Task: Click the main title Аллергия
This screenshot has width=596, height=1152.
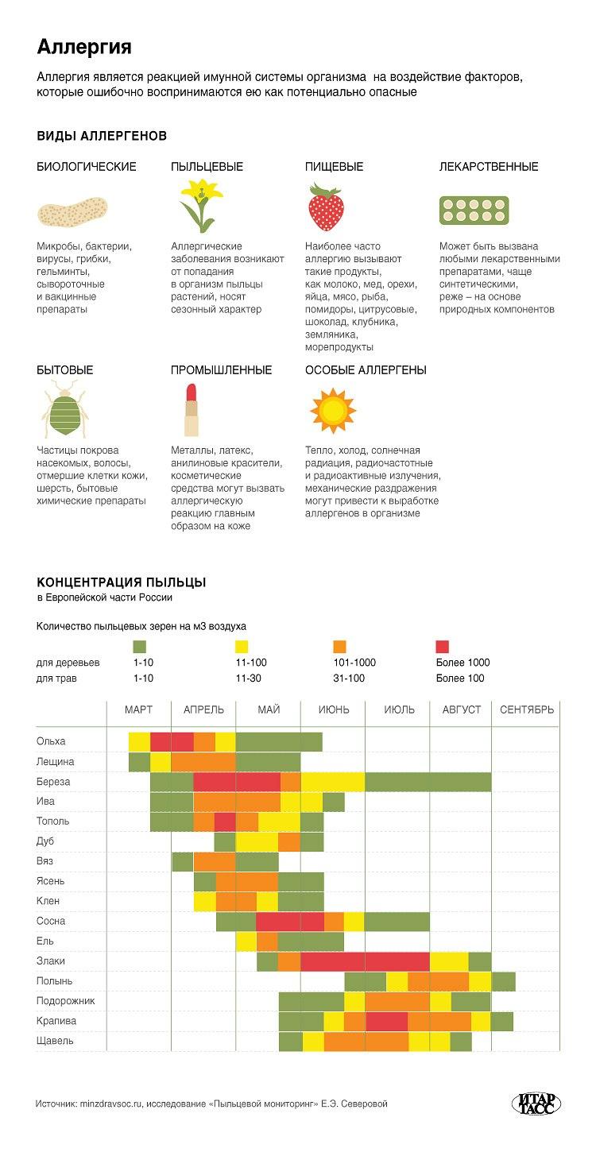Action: tap(84, 48)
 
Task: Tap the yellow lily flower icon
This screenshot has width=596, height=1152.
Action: tap(201, 206)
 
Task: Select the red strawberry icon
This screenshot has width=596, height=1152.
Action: tap(326, 207)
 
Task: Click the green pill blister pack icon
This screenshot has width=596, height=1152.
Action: tap(474, 211)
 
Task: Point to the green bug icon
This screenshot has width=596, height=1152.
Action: tap(65, 409)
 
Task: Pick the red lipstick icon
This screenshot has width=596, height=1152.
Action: tap(192, 410)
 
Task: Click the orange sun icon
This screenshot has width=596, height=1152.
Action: tap(333, 411)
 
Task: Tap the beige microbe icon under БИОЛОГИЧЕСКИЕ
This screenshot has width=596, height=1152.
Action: tap(72, 211)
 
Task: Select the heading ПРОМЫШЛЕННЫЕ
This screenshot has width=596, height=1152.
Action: tap(221, 370)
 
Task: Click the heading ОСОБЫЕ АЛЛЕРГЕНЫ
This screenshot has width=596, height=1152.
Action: tap(366, 370)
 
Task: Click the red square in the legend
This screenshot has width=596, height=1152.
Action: tap(443, 647)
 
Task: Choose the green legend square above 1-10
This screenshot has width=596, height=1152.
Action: tap(139, 647)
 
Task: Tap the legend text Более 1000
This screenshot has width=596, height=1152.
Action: tap(462, 663)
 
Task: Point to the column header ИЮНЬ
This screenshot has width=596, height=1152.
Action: tap(334, 709)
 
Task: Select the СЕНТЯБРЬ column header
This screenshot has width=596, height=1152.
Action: tap(527, 709)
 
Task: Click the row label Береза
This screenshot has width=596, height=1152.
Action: tap(53, 782)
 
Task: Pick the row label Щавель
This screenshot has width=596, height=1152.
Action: tap(55, 1041)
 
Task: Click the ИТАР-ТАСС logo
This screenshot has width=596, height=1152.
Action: tap(536, 1104)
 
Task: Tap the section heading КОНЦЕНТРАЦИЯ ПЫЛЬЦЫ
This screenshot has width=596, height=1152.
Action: tap(122, 582)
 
